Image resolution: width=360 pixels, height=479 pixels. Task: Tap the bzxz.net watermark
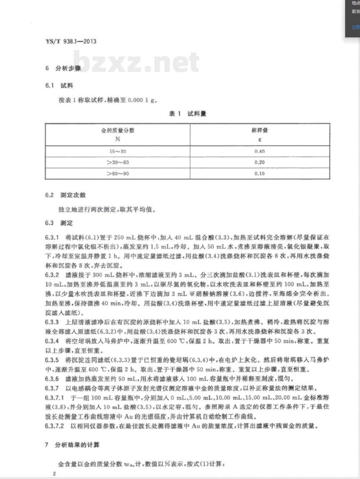tap(136, 62)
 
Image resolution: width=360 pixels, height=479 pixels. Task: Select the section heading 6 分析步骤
tap(63, 68)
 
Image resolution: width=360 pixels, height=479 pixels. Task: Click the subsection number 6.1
tap(49, 85)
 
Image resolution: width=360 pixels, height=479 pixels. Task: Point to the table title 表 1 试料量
tap(188, 114)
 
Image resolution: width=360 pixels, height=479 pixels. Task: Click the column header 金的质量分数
tap(117, 130)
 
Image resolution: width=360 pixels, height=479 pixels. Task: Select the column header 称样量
tap(260, 130)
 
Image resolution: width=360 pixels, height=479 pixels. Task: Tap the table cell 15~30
tap(117, 152)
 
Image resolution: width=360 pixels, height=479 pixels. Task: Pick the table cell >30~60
tap(117, 163)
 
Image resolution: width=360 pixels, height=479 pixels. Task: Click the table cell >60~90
tap(117, 174)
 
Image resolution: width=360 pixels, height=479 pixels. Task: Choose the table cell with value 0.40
tap(260, 152)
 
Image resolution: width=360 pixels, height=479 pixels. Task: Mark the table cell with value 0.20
tap(260, 163)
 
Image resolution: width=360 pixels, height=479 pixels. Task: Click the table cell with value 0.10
tap(260, 174)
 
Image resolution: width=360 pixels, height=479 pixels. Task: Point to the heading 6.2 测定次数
tap(66, 195)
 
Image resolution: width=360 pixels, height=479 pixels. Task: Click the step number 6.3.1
tap(52, 238)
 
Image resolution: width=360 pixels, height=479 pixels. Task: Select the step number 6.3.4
tap(52, 341)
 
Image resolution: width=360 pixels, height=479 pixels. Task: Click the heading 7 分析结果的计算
tap(72, 445)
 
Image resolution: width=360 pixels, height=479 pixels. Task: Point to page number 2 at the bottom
tap(54, 474)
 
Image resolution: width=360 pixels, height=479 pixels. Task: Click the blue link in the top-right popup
tap(355, 27)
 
